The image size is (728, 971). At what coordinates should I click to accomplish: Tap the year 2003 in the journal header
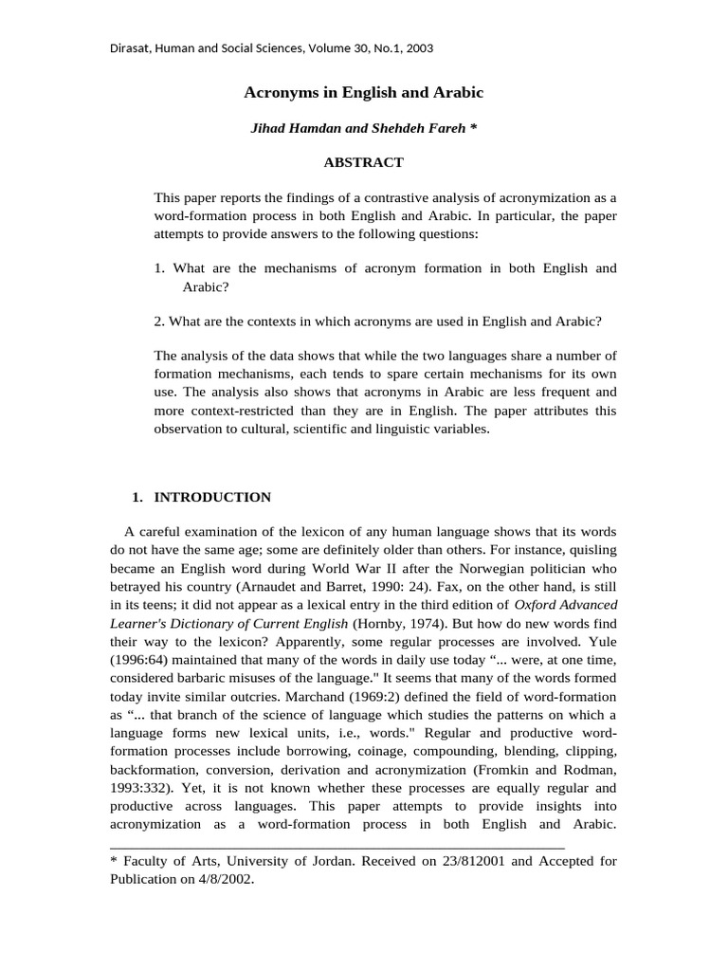coord(418,47)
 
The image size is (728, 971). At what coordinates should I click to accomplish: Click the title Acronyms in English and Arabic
coord(363,93)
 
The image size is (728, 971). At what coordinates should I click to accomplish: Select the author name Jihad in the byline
coord(269,128)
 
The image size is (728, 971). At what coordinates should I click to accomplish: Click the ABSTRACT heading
coord(363,162)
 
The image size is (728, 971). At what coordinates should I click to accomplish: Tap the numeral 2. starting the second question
coord(160,321)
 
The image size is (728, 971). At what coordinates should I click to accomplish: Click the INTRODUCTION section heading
coord(212,497)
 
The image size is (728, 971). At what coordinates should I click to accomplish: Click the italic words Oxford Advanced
coord(566,605)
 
